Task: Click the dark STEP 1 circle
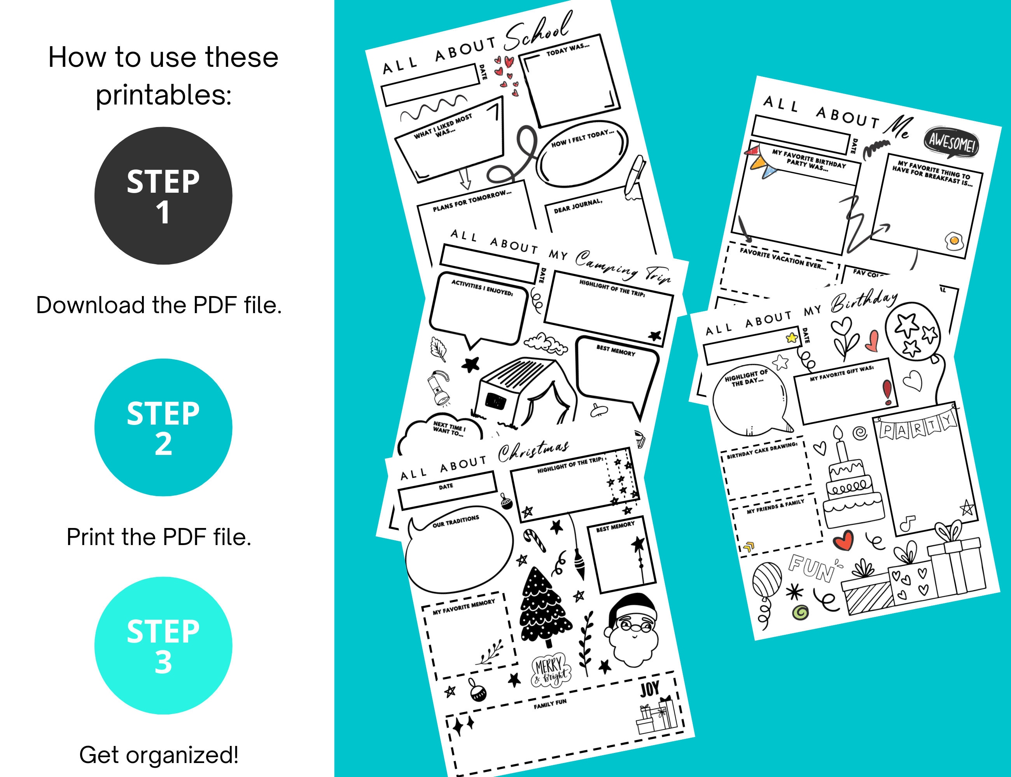(163, 196)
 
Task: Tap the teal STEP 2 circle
(163, 427)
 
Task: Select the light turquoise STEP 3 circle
(163, 646)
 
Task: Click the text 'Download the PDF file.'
(159, 305)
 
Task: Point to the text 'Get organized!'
(159, 755)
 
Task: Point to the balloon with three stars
(912, 332)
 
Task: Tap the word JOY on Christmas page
(649, 689)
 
